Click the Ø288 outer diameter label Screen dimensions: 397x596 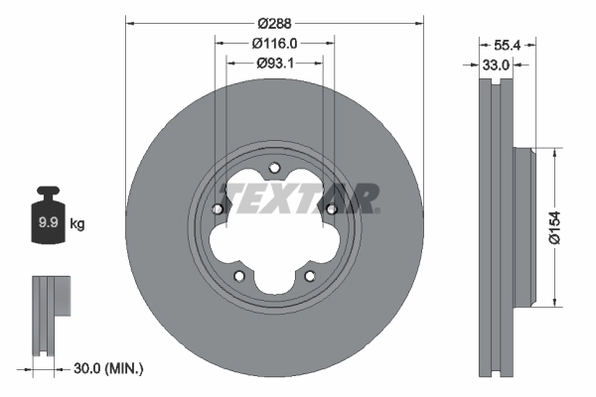[x=273, y=22]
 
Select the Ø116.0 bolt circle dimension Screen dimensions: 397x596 [x=274, y=44]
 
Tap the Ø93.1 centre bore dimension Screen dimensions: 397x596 [x=274, y=64]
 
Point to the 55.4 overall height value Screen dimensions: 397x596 [x=509, y=45]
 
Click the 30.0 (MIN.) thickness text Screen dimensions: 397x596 [x=108, y=369]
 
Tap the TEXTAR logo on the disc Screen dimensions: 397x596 [x=299, y=198]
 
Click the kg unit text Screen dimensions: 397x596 [x=77, y=224]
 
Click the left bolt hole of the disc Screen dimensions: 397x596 [x=217, y=208]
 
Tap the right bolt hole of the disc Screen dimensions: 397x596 [x=331, y=208]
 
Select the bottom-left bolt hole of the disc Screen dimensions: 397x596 [x=238, y=275]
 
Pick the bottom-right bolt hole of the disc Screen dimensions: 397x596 [x=309, y=275]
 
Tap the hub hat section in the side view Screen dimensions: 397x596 [x=522, y=225]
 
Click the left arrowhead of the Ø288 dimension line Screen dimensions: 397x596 [x=130, y=22]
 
